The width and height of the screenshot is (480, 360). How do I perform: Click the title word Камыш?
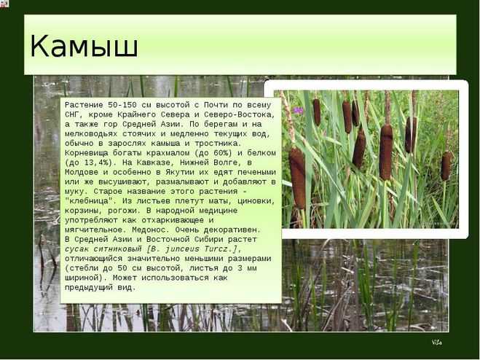click(x=84, y=46)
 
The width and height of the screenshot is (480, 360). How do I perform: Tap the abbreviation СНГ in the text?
click(x=72, y=114)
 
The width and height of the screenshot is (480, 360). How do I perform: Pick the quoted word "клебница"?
click(x=89, y=201)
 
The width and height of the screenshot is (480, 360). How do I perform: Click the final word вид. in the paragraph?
click(x=127, y=288)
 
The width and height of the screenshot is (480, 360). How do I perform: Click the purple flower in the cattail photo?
click(x=297, y=110)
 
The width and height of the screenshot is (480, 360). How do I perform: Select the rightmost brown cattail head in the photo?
click(x=446, y=166)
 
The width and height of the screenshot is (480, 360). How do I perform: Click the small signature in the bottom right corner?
click(x=437, y=343)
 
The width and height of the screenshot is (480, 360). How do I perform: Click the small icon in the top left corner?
click(x=4, y=4)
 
